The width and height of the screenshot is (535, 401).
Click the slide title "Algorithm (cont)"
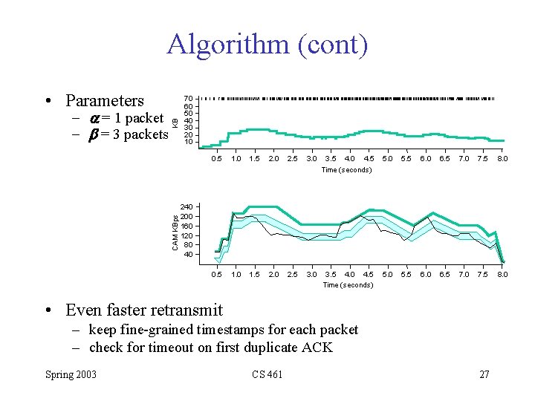click(267, 45)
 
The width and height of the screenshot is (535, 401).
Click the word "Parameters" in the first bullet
click(105, 100)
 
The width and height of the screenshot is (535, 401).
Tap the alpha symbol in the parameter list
click(94, 118)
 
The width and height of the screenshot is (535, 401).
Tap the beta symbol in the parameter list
click(94, 134)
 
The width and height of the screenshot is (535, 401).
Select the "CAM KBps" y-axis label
click(175, 232)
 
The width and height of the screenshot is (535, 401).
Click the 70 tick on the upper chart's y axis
click(189, 98)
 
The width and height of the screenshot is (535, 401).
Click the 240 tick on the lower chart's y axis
click(187, 206)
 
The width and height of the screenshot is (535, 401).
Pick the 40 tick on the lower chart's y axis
click(189, 254)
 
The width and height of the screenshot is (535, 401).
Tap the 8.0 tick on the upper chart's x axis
click(502, 158)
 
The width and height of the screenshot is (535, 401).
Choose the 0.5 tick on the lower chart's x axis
click(216, 274)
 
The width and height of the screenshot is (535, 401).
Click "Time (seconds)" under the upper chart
click(346, 170)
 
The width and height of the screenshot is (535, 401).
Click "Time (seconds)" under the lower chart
click(348, 285)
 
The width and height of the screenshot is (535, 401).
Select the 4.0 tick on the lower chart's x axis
click(349, 274)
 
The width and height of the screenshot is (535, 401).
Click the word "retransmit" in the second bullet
click(184, 310)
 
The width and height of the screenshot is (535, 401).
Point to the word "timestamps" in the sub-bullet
click(202, 330)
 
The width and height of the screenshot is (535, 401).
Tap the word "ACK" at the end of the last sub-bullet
click(318, 347)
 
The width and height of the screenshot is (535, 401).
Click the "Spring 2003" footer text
click(70, 374)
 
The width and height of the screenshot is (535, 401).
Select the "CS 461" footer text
click(267, 374)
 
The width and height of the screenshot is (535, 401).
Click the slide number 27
click(484, 374)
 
